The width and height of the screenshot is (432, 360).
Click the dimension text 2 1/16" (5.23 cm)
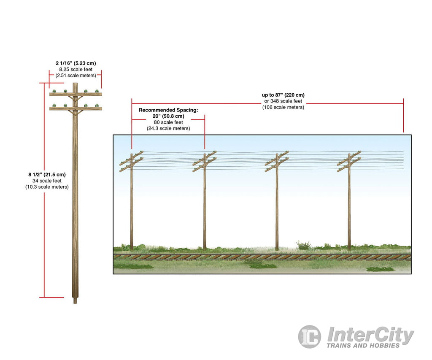(76, 63)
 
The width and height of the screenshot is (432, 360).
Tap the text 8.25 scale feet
(76, 70)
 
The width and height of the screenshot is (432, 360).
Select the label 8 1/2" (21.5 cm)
(47, 175)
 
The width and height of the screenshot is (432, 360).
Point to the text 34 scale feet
(47, 181)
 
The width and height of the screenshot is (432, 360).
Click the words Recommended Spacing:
(168, 110)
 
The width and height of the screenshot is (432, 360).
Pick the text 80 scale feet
(168, 122)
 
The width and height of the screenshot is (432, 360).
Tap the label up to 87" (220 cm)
(283, 95)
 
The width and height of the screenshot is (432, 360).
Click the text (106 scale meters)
(283, 107)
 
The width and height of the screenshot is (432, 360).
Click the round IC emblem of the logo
(309, 336)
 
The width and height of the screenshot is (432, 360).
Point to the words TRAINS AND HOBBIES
(363, 346)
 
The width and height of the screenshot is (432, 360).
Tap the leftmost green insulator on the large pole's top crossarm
(54, 91)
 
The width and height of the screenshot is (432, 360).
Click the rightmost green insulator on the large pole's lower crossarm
(97, 105)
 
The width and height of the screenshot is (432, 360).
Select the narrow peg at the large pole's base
(75, 300)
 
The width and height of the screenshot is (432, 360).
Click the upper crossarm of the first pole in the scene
(132, 158)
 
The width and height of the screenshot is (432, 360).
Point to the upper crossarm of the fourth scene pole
(349, 158)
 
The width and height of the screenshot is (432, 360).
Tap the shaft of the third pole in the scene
(277, 204)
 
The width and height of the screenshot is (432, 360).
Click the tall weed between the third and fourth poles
(303, 245)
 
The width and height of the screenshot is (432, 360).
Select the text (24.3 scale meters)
(168, 128)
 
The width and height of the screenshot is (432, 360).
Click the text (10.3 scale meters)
(47, 187)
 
